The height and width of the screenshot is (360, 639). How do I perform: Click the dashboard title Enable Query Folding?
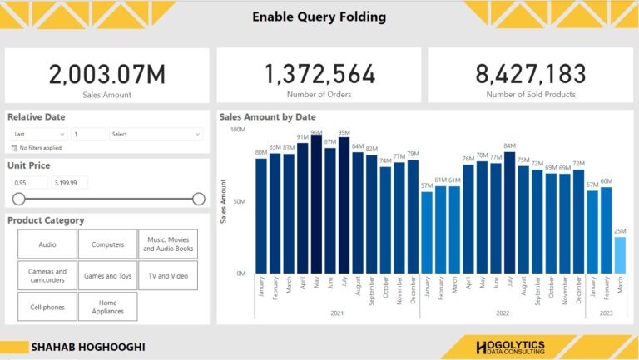coord(319,17)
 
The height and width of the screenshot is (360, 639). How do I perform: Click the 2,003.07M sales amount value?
coord(107,75)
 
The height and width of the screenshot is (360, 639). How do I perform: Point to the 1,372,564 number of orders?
coord(319,75)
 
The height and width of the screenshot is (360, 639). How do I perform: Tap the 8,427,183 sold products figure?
coord(531,75)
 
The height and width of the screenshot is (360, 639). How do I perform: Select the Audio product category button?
coord(47,244)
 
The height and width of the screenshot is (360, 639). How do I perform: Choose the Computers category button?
coord(107,244)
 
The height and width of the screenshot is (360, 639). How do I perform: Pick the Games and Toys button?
coord(107,275)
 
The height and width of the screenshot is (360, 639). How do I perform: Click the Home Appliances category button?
coord(107,307)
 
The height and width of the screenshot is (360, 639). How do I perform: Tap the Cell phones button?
coord(47,307)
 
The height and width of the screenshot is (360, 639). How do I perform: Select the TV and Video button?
coord(167,275)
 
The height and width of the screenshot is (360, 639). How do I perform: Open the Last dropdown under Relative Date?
coord(39,134)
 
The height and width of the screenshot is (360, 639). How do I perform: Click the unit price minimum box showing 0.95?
coord(30,183)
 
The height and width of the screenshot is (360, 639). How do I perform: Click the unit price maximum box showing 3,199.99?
coord(70,183)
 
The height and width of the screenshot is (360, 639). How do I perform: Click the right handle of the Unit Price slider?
coord(199,199)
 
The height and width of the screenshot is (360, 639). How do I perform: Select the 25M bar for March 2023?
coord(620,255)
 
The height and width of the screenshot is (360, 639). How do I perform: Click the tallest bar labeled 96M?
coord(316,204)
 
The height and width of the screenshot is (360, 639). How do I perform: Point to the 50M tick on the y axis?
coord(238,201)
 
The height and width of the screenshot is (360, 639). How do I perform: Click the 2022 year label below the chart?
coord(503,313)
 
